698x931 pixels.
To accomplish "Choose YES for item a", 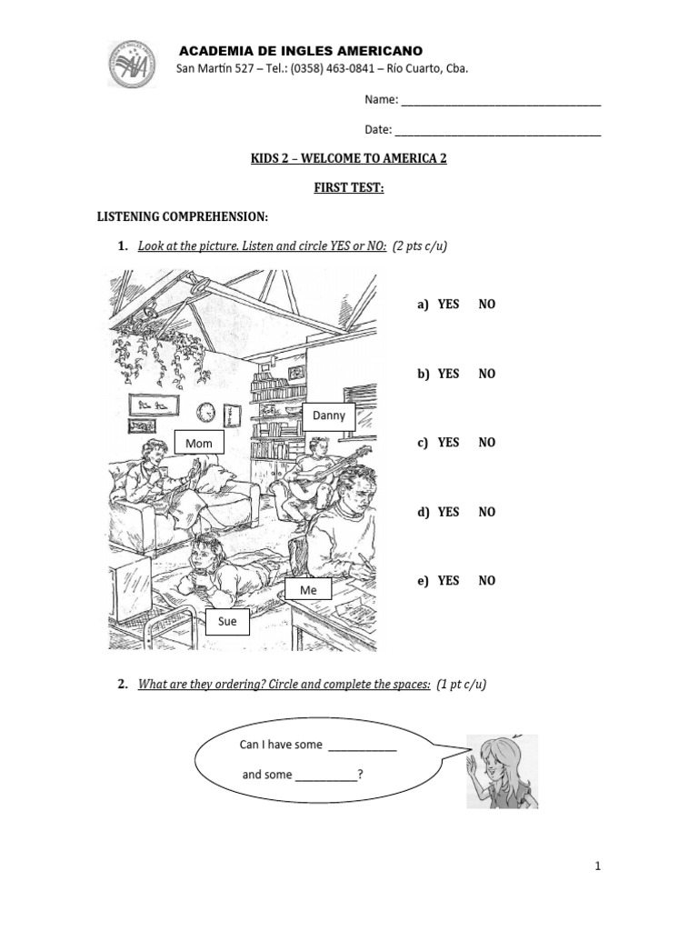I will coord(448,305).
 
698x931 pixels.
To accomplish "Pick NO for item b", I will coord(487,374).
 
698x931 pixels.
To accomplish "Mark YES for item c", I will coord(448,443).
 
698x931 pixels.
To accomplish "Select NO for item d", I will coord(487,512).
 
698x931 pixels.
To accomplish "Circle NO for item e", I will coord(487,581).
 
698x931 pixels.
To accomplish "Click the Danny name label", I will coord(328,415).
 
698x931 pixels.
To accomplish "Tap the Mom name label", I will coord(199,443).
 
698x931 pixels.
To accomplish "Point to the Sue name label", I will coord(227,621).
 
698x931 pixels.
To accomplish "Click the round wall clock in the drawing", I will coord(205,412).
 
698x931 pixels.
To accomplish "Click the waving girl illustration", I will coord(501,771).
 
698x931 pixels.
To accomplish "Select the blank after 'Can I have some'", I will coord(362,746).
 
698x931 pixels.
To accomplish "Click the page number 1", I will coord(598,866).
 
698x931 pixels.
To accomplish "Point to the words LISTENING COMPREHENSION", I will coord(183,217).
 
